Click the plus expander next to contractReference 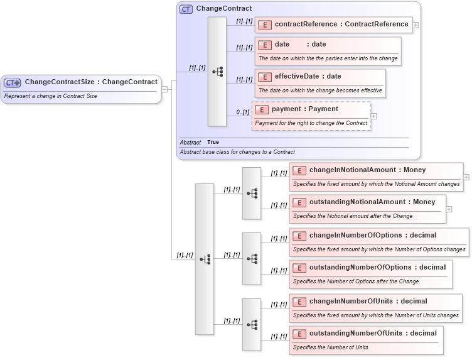pos(416,25)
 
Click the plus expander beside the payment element pos(374,116)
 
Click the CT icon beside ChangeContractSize pos(13,82)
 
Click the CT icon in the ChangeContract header pos(186,9)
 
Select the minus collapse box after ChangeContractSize pos(164,89)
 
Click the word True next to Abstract pos(213,142)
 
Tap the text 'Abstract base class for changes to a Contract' pos(237,152)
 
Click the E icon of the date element pos(265,45)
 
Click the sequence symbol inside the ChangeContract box pos(217,71)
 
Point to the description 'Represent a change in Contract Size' pos(51,96)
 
